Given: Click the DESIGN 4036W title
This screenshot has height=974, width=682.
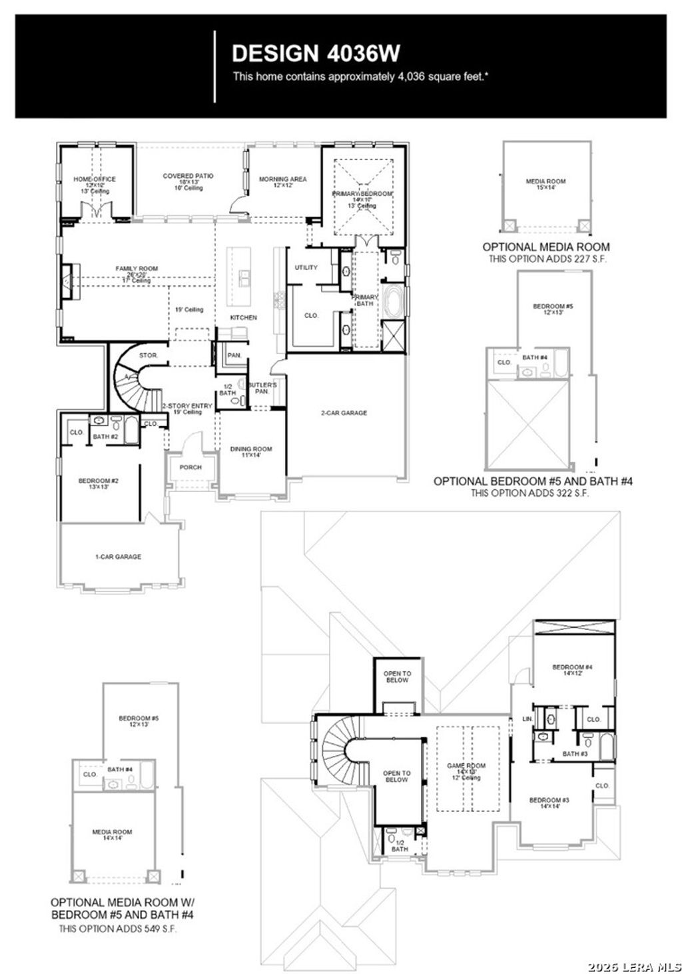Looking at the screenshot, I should pyautogui.click(x=316, y=53).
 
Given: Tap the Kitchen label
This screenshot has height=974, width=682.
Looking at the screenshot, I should pyautogui.click(x=243, y=317).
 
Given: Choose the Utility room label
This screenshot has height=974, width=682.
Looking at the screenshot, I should pyautogui.click(x=306, y=267).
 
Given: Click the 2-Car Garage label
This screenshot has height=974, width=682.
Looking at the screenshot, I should pyautogui.click(x=344, y=413).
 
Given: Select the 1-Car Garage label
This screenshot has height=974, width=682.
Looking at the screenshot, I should pyautogui.click(x=118, y=557).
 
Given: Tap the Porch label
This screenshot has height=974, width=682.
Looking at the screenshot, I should pyautogui.click(x=190, y=467).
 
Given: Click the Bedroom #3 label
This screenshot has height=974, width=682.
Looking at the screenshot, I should pyautogui.click(x=549, y=801).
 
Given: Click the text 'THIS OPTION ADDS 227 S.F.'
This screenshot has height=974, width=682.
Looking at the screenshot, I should pyautogui.click(x=547, y=258).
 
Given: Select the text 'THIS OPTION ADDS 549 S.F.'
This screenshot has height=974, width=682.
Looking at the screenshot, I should pyautogui.click(x=118, y=928).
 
